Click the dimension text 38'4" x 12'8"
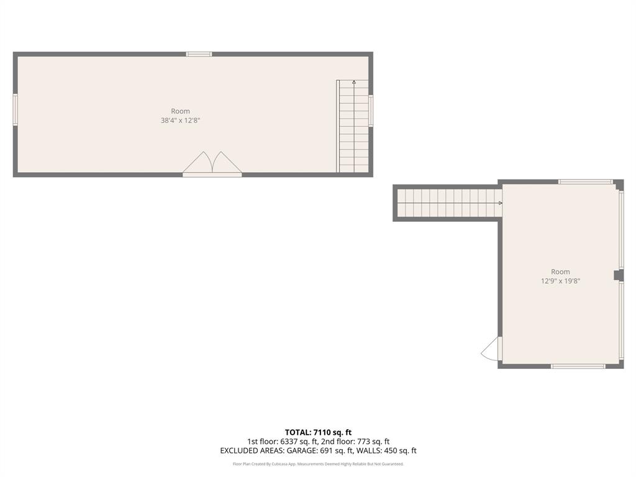point(180,120)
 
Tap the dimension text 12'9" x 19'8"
point(560,281)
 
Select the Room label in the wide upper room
point(180,111)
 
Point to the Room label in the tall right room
point(560,271)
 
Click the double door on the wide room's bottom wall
point(212,164)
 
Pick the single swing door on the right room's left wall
point(492,349)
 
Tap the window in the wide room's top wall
point(199,54)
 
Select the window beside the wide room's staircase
point(371,111)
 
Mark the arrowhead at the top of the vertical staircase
point(354,81)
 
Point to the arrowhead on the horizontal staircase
point(500,202)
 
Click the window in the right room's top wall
point(585,181)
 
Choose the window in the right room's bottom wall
point(578,366)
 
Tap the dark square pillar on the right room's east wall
point(617,275)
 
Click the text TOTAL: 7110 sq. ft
point(318,432)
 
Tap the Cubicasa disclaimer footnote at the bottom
point(318,464)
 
